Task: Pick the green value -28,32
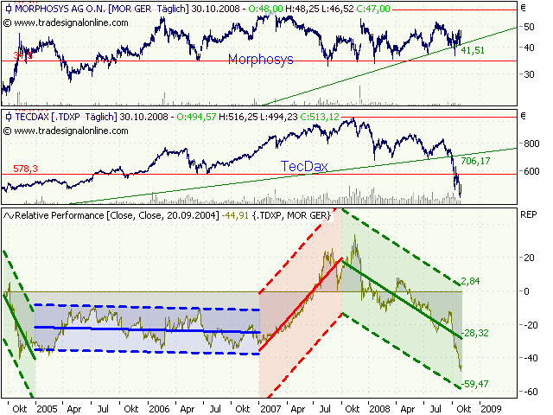477,332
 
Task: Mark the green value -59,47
477,383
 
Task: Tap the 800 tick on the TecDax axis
530,143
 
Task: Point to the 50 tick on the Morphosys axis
528,28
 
